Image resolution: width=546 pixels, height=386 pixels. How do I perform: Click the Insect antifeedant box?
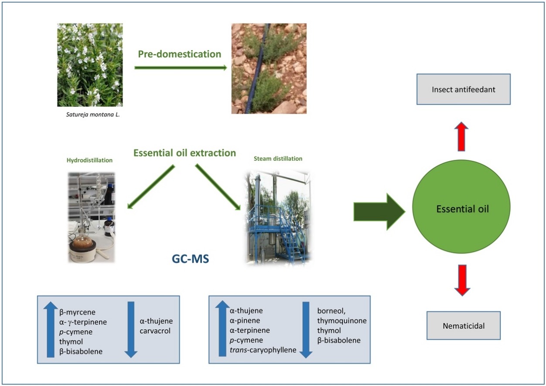(463, 89)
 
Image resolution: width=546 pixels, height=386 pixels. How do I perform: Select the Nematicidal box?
(463, 325)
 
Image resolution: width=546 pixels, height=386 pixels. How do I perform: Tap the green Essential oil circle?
(462, 209)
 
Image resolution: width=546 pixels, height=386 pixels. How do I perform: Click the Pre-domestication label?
(180, 54)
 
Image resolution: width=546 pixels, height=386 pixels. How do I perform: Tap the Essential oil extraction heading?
(184, 153)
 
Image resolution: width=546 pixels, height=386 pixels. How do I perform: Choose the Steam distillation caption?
(278, 159)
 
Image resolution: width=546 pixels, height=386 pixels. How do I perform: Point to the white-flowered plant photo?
(90, 65)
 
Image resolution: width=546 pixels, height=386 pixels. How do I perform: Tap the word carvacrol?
(155, 331)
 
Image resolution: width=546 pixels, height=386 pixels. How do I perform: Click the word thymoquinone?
(342, 321)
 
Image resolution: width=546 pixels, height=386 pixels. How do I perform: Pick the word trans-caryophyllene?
(263, 350)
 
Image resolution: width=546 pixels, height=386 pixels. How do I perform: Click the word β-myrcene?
(77, 312)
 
